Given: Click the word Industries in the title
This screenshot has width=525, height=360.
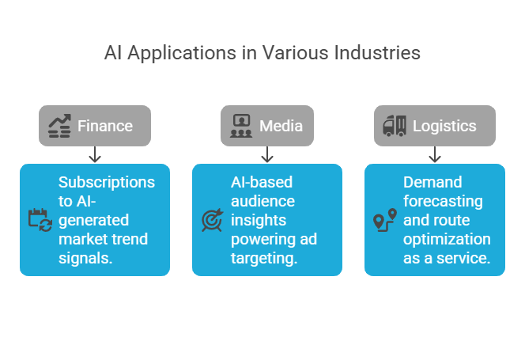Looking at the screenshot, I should (x=377, y=54).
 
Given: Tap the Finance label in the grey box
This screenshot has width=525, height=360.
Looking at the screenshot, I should (x=104, y=126).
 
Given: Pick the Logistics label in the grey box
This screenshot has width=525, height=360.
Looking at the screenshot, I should (x=444, y=126).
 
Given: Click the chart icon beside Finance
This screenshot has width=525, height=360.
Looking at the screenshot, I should (x=59, y=126).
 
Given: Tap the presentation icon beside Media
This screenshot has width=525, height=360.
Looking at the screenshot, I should (x=240, y=126).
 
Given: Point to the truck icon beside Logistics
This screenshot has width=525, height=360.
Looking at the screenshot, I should (x=394, y=126).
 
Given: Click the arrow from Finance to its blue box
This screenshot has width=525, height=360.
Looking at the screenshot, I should (x=95, y=154).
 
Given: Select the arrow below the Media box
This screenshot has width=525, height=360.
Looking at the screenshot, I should (x=267, y=154).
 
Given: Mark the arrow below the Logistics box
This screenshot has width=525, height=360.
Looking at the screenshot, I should (x=435, y=154).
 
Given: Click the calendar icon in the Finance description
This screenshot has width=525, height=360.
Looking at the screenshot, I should (x=39, y=219).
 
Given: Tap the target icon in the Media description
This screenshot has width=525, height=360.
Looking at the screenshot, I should (x=211, y=219).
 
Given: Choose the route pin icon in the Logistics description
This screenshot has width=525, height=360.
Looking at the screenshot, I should (x=384, y=219).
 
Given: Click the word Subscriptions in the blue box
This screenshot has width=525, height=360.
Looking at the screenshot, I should (x=107, y=181).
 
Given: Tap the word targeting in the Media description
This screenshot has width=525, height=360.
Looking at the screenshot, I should (x=264, y=258).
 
